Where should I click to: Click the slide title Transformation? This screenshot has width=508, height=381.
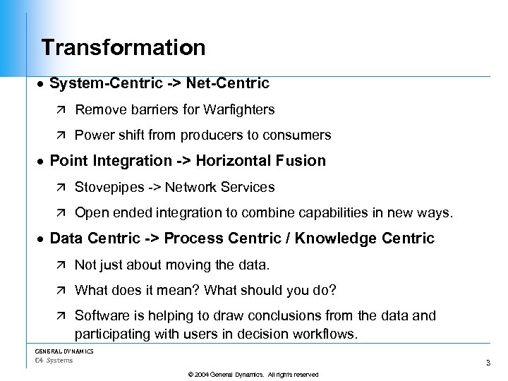point(123,48)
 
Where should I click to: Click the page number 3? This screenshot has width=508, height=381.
point(488,363)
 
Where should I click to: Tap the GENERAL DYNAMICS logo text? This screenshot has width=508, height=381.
point(64,351)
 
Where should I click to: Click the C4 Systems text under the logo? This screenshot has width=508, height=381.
point(54,361)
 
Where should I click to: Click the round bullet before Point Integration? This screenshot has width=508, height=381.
point(41,161)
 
